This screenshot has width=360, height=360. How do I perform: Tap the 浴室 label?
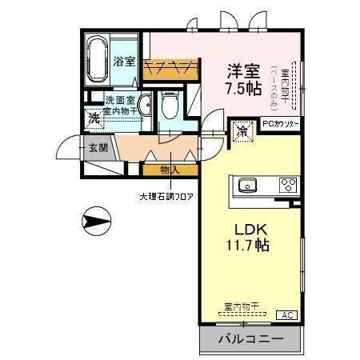coord(123,62)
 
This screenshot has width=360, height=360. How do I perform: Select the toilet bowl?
coord(169,105)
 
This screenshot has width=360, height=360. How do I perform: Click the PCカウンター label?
coord(281,124)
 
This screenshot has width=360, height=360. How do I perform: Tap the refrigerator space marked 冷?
coord(241,130)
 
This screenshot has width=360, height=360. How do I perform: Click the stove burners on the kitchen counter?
coord(288,186)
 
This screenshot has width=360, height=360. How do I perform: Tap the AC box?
coord(286,315)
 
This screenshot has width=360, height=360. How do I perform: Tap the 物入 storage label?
coord(168,170)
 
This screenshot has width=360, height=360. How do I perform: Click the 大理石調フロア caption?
coord(168,195)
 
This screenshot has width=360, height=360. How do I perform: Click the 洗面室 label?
coord(121,100)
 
